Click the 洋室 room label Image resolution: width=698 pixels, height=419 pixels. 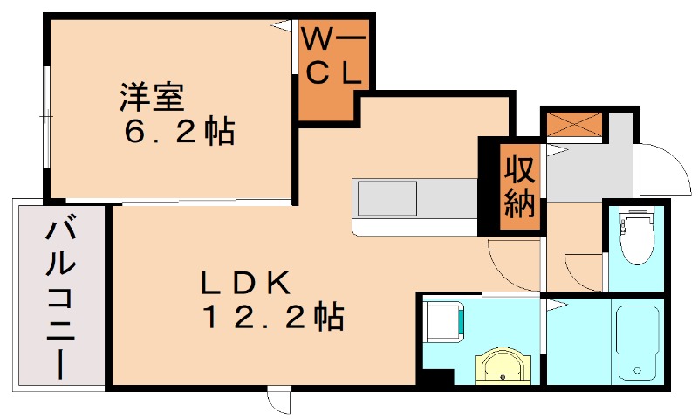pos(150,95)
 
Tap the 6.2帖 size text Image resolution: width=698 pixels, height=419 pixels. pos(179,132)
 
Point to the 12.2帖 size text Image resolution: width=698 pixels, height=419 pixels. pos(272,317)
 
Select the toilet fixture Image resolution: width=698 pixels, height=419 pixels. pos(638,237)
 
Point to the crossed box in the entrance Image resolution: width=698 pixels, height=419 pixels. pos(572,125)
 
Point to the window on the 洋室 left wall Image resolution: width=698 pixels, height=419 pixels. pos(45,114)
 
